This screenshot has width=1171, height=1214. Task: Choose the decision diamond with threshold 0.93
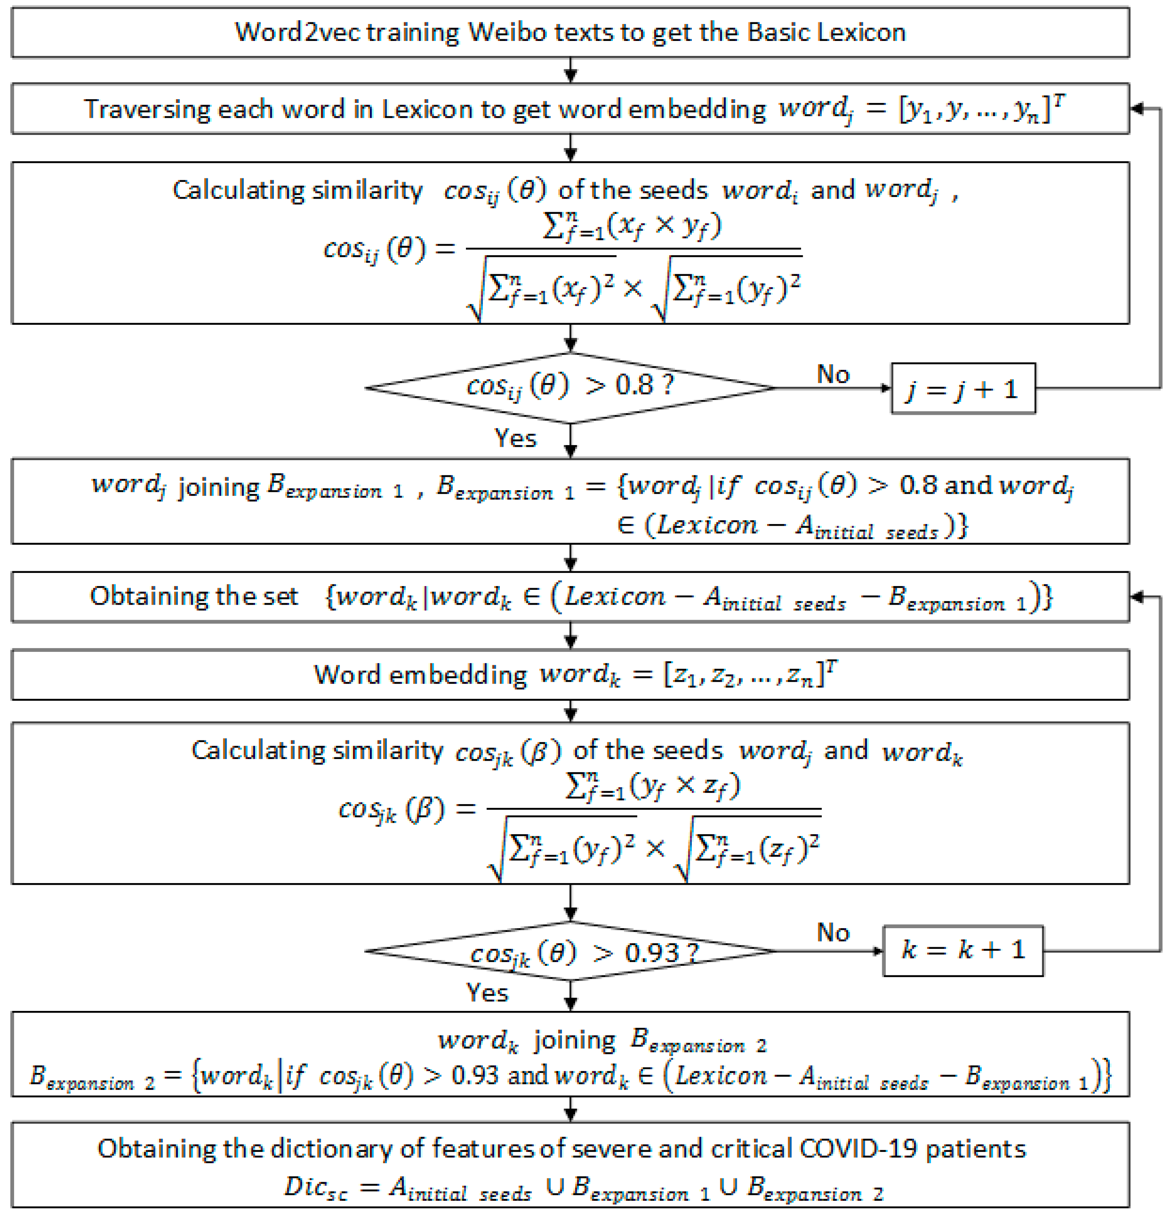[x=570, y=951]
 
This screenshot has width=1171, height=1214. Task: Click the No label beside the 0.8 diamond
[x=833, y=374]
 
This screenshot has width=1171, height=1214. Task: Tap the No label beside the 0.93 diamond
[x=833, y=933]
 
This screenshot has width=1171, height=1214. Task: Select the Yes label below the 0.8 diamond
[x=515, y=438]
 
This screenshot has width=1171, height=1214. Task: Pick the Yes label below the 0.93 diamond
[x=487, y=993]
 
